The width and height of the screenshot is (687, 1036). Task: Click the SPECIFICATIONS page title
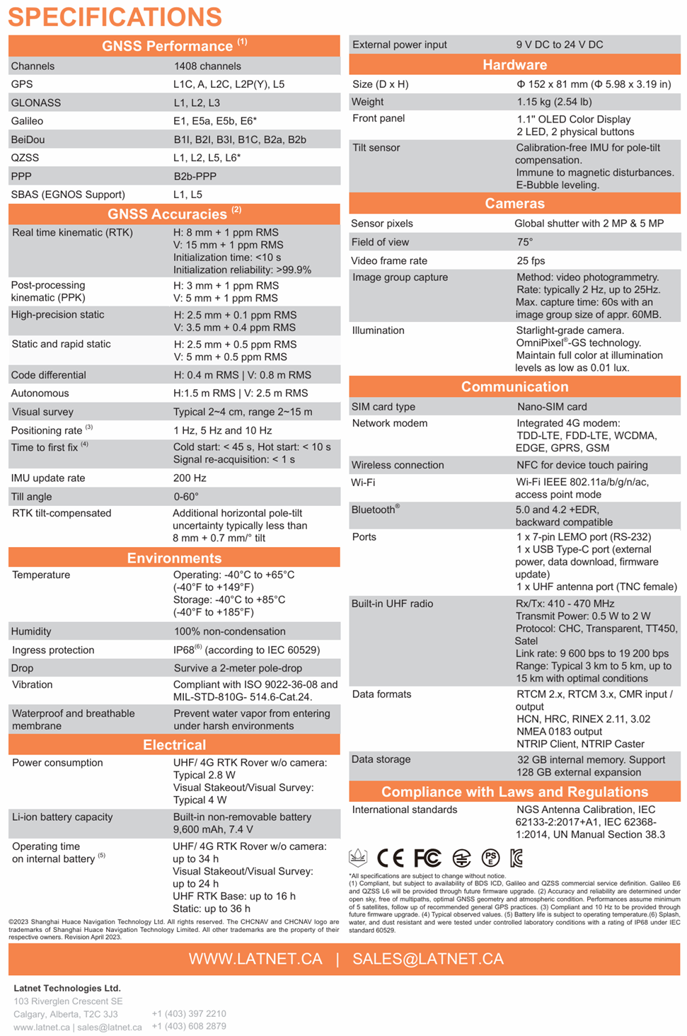(115, 17)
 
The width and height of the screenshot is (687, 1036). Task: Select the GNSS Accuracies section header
(174, 214)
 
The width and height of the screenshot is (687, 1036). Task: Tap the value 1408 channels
(207, 66)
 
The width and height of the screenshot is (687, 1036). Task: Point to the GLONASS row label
(36, 103)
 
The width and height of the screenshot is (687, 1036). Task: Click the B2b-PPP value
(195, 176)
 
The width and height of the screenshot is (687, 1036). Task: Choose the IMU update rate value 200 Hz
(190, 478)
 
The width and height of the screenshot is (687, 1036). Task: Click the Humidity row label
(31, 631)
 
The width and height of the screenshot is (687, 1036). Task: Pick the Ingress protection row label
(53, 650)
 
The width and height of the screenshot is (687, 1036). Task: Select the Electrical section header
(174, 744)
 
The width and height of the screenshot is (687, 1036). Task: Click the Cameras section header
(514, 204)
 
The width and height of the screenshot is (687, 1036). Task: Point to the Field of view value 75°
(524, 242)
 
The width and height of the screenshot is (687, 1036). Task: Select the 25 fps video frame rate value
(531, 260)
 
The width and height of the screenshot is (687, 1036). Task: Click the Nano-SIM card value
(552, 407)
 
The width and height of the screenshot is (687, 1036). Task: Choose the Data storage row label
(381, 759)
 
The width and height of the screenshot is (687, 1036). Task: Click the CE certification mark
(390, 858)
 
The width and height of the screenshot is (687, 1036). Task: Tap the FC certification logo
(427, 858)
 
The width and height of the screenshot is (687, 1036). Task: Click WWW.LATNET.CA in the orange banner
(255, 959)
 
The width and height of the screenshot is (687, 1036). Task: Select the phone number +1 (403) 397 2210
(189, 1014)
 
